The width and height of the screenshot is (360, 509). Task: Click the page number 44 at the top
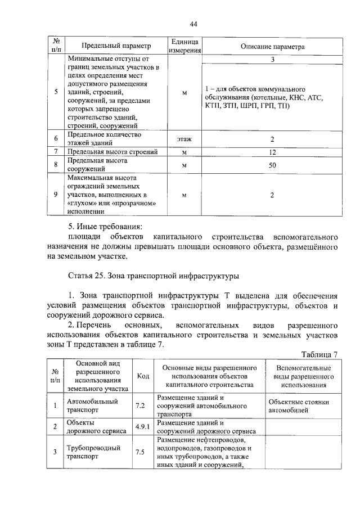[x=193, y=24]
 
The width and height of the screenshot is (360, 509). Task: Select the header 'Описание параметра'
[x=272, y=46]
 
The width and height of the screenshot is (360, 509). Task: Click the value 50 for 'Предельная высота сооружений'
[x=272, y=165]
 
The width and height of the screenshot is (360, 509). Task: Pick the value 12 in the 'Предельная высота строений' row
[x=272, y=152]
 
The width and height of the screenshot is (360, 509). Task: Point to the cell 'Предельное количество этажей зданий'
[x=104, y=139]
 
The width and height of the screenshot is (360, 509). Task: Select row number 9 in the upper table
[x=56, y=195]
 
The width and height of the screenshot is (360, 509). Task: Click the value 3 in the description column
[x=272, y=58]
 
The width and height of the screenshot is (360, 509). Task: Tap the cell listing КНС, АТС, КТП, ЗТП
[x=264, y=97]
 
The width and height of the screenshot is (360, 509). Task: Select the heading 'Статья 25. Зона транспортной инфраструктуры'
[x=154, y=276]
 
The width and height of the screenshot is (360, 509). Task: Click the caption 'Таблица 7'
[x=319, y=354]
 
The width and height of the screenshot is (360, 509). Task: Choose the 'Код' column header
[x=142, y=376]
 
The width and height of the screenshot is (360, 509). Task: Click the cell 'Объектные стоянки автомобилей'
[x=299, y=406]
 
